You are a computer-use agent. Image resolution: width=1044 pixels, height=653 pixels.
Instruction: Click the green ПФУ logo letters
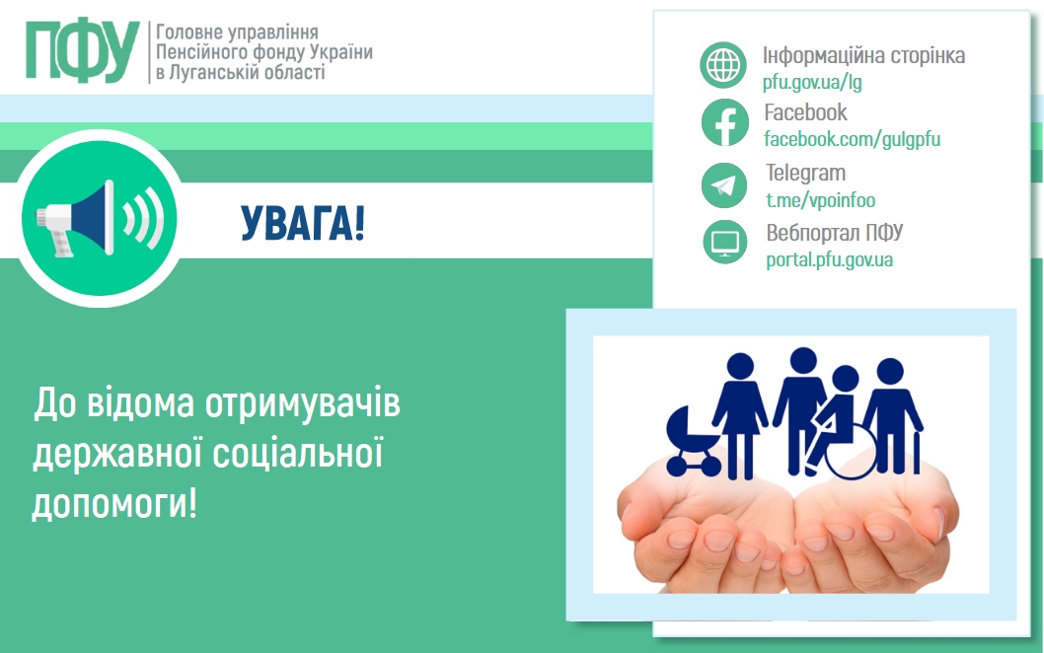point(83,51)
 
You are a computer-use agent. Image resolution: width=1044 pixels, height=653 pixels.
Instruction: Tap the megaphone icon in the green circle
point(100,218)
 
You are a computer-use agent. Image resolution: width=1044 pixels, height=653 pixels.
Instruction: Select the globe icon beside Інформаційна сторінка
point(723,65)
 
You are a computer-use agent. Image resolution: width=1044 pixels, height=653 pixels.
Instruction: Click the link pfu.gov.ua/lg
point(812,82)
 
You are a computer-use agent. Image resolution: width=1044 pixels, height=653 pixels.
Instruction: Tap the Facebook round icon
point(724,122)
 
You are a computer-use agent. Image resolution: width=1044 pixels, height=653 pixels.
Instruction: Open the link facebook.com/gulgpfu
point(852,139)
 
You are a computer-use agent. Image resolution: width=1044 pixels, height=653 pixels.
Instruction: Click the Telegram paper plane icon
point(724,185)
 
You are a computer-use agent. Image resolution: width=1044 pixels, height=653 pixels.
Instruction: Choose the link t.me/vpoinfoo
point(820,199)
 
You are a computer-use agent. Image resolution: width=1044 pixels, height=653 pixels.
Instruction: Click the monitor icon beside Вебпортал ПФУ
point(725,243)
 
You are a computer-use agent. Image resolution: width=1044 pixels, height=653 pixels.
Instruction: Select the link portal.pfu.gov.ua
point(829,259)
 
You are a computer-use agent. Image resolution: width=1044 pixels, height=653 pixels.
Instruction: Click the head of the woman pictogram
point(740,366)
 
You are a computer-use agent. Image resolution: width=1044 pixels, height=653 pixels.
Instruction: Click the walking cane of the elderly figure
point(917,453)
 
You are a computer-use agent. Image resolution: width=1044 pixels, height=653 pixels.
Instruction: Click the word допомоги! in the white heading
point(114,504)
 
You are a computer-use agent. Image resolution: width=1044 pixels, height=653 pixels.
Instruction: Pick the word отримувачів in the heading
point(302,403)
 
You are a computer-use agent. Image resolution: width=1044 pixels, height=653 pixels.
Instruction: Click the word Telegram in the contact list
point(805,173)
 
